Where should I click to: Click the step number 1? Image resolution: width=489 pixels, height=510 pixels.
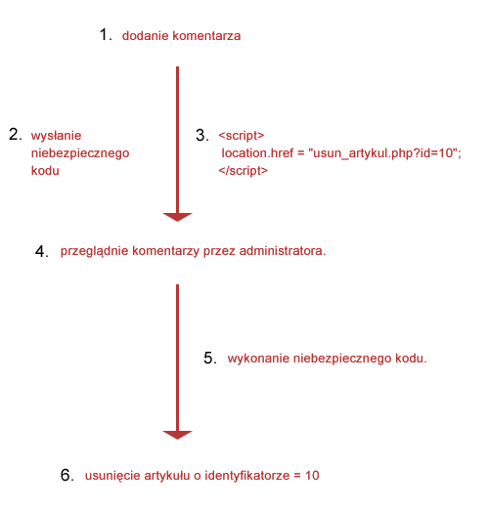point(106,34)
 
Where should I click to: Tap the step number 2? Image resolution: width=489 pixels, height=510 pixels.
point(16,134)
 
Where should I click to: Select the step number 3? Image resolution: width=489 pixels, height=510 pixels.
point(202,135)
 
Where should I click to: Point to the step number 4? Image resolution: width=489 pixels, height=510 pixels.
point(42,251)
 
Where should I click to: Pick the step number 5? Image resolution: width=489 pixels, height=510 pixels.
point(210,358)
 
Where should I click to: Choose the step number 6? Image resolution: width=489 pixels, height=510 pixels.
point(67,475)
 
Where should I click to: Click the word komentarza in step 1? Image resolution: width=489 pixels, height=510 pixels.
point(206,36)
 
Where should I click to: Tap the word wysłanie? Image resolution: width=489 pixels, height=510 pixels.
point(56,136)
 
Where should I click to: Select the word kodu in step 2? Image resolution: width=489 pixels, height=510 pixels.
point(45,170)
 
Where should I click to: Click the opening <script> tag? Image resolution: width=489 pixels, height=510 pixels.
point(242,136)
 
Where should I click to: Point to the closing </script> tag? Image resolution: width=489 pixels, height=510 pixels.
point(244,171)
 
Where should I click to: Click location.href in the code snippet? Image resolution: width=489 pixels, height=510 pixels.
point(257,153)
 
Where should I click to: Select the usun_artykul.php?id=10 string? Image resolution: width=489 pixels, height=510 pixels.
point(383,153)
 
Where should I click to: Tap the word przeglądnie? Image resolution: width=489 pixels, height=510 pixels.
point(94,251)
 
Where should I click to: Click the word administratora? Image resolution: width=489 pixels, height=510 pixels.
point(283,251)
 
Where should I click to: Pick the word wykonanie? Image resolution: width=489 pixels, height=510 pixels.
point(258,359)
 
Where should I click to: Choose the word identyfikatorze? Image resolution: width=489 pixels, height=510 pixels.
point(246,476)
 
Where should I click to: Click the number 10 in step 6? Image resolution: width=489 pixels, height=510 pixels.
point(312,476)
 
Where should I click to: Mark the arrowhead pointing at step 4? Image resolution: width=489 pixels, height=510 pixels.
point(177,217)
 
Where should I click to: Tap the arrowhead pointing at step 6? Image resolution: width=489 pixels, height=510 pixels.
point(177,435)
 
